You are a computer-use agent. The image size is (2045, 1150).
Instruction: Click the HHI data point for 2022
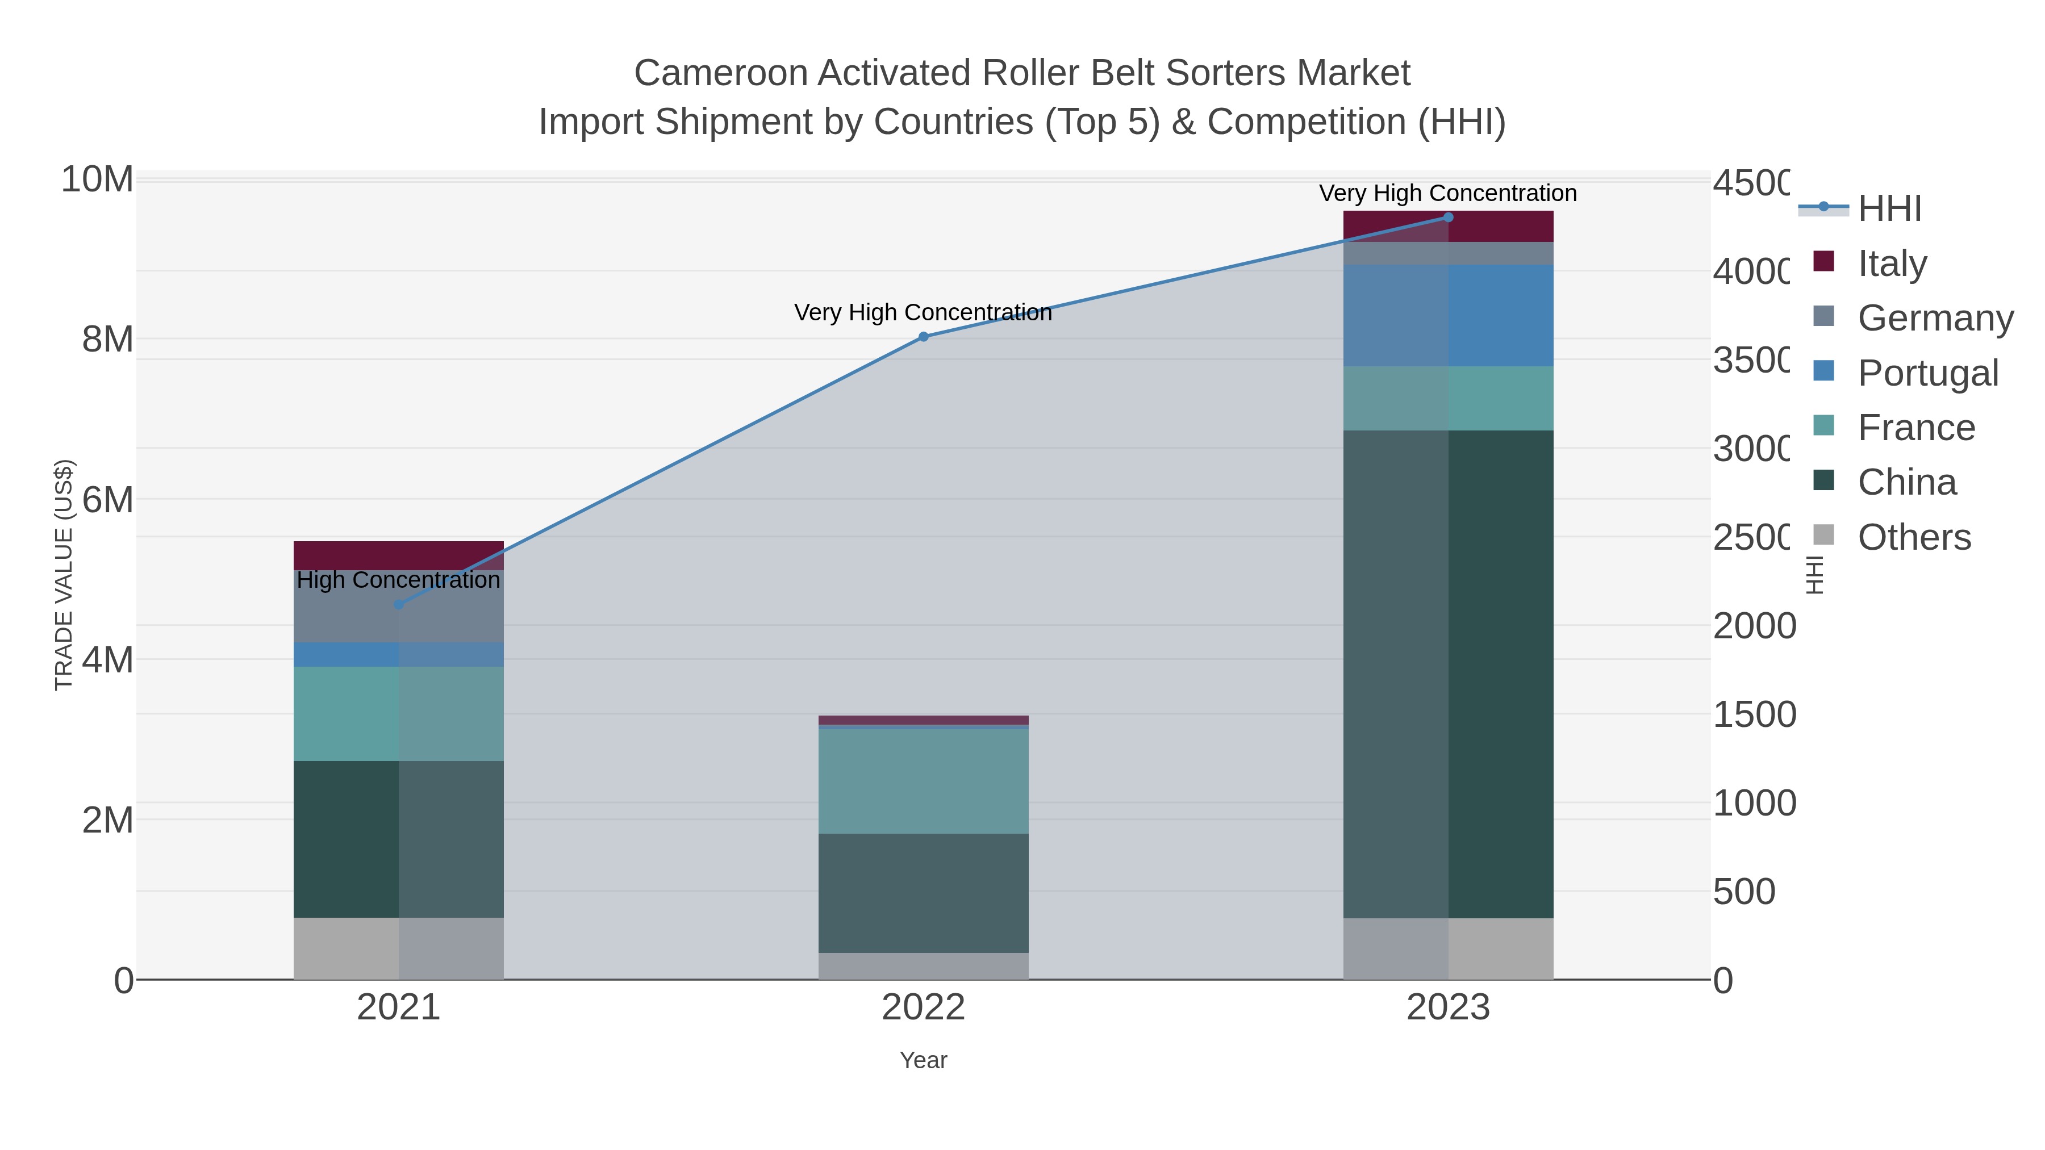[x=923, y=337]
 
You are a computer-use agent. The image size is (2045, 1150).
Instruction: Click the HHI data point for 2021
[x=399, y=605]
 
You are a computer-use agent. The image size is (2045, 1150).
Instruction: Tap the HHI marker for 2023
[x=1448, y=218]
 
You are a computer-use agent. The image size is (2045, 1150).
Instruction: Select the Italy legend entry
[x=1892, y=263]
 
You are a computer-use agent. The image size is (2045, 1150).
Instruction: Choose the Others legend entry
[x=1913, y=537]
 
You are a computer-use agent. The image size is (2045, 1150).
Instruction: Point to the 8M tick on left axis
[x=107, y=340]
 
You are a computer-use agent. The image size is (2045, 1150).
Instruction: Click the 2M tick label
[x=107, y=820]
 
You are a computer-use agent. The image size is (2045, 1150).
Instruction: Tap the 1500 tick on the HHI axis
[x=1753, y=714]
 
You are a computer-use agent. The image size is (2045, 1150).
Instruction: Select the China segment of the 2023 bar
[x=1448, y=675]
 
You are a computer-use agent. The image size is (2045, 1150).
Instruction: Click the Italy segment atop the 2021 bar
[x=399, y=555]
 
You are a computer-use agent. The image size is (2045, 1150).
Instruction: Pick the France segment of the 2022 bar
[x=923, y=781]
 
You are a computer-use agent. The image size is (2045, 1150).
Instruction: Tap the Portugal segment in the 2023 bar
[x=1448, y=315]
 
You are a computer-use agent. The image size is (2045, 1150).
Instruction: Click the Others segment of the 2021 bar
[x=399, y=948]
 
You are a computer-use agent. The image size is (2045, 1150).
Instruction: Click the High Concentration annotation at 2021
[x=399, y=580]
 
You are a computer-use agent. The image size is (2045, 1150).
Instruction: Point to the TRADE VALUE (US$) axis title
[x=64, y=575]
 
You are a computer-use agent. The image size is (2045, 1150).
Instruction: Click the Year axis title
[x=923, y=1060]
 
